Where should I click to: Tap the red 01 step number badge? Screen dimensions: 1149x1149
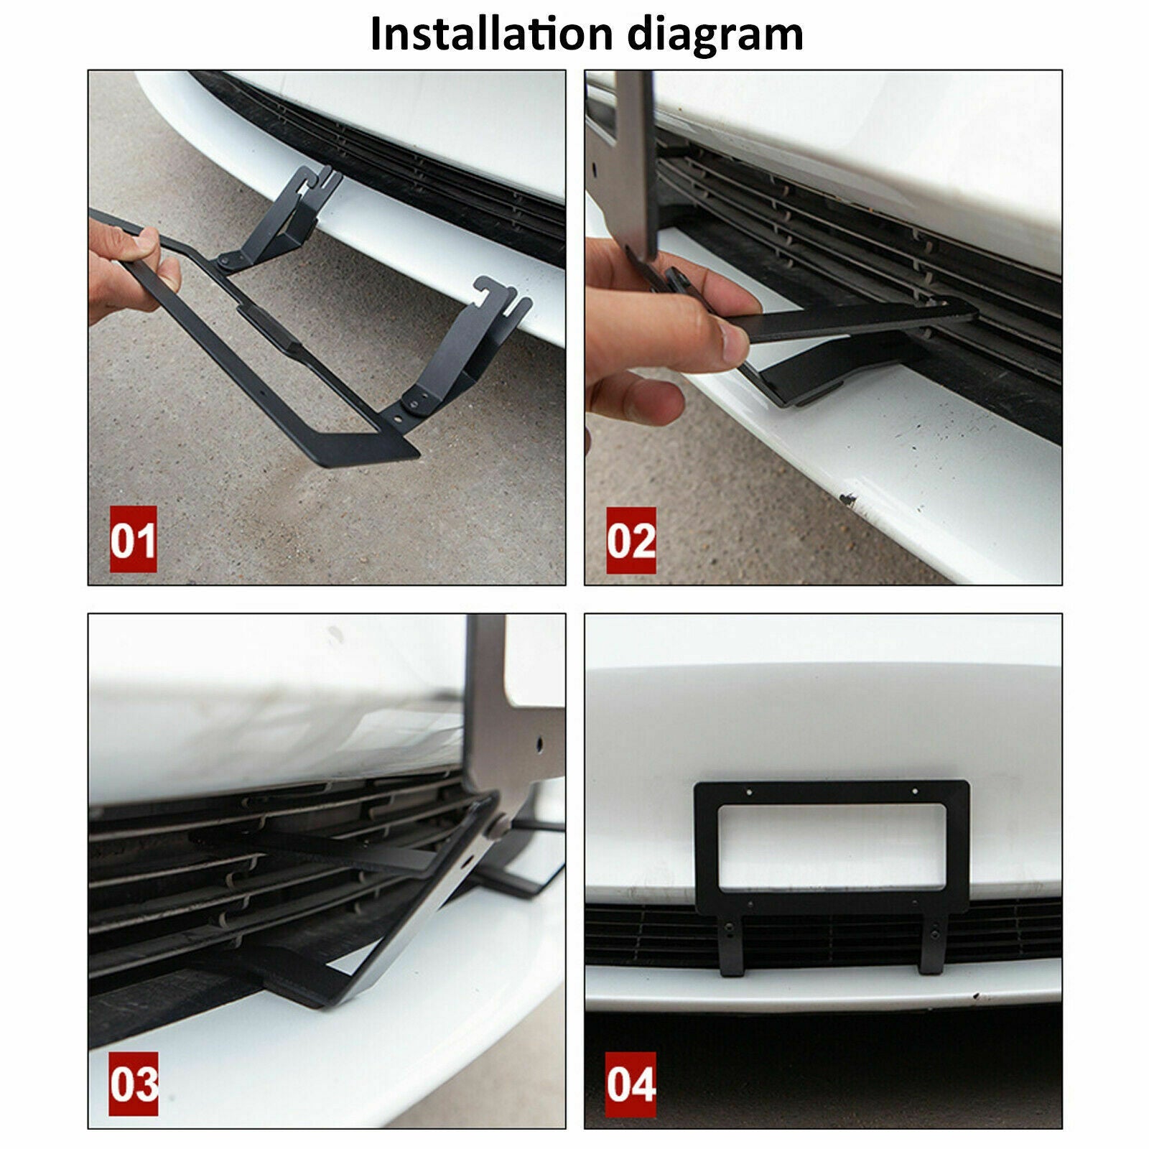(133, 539)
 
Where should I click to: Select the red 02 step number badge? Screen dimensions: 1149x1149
(631, 540)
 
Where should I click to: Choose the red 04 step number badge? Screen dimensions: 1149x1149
(631, 1084)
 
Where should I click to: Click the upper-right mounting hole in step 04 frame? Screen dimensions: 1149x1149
(914, 793)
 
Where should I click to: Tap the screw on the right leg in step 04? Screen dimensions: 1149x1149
(935, 934)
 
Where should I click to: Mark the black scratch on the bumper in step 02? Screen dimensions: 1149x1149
(847, 497)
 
